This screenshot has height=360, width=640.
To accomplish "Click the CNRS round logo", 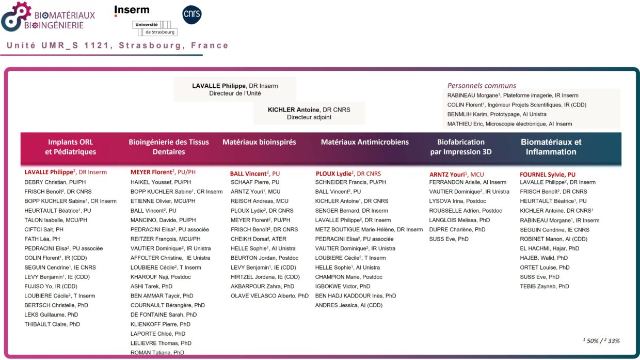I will click(192, 15).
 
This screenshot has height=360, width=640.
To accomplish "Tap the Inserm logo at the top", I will click(132, 10).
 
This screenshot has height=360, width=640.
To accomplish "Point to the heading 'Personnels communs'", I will click(482, 86).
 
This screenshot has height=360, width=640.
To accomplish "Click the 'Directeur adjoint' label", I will click(309, 117).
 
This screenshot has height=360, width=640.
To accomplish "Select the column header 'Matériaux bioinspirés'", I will click(259, 142).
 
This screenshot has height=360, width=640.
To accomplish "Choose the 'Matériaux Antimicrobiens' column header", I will click(364, 142).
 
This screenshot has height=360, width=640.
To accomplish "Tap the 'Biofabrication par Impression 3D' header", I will click(460, 147).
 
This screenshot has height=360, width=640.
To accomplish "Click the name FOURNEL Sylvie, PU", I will click(547, 175).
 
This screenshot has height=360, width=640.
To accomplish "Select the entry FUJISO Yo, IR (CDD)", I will click(51, 286).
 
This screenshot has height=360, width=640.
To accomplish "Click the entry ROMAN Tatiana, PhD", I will click(157, 353).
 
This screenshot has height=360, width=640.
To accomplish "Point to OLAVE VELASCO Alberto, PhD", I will click(269, 296).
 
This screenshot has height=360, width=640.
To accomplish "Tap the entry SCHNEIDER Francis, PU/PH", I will click(350, 182).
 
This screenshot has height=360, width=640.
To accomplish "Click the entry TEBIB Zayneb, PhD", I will click(545, 286).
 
